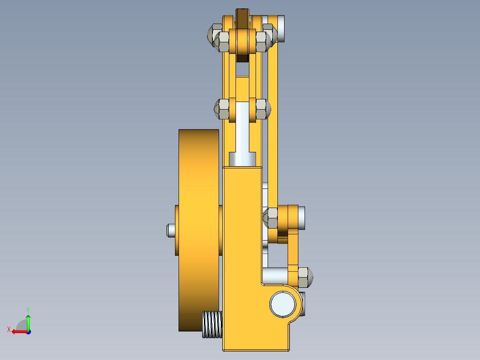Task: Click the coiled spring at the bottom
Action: (x=212, y=324)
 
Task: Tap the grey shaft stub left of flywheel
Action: (x=170, y=230)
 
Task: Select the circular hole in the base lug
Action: (x=283, y=304)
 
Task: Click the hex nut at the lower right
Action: (x=304, y=277)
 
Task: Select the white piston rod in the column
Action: (x=243, y=127)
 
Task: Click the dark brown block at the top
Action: (x=243, y=18)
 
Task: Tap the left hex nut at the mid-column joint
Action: (x=222, y=109)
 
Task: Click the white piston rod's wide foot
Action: (x=243, y=158)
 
